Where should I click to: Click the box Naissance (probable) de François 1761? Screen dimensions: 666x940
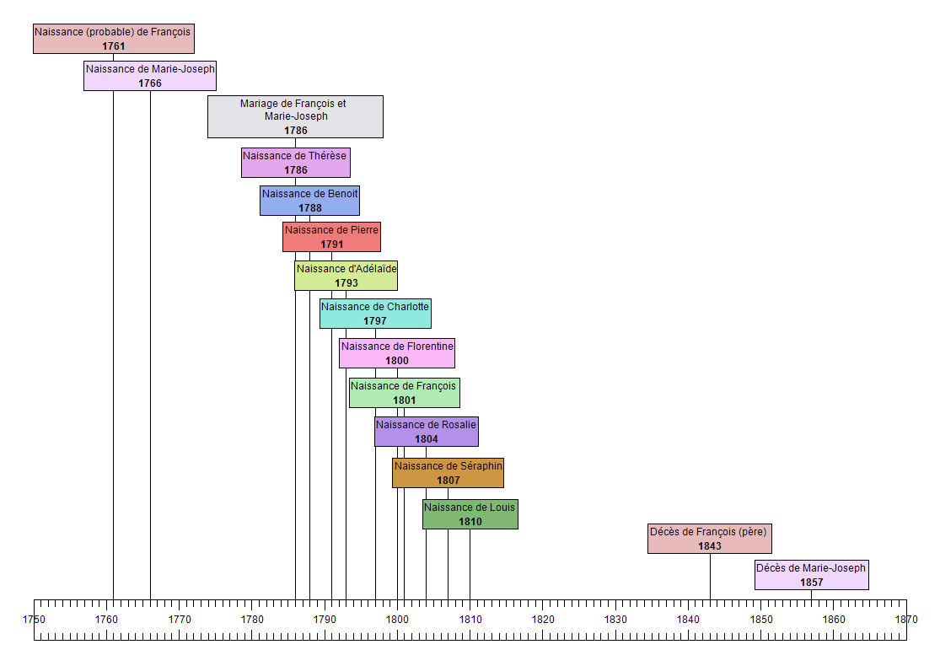(x=113, y=39)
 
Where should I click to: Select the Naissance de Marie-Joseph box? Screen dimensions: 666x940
(x=150, y=76)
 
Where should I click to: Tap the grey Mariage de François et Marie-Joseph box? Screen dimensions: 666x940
(x=295, y=116)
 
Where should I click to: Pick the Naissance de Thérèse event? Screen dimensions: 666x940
(x=295, y=163)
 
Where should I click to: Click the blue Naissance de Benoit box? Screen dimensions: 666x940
(x=309, y=201)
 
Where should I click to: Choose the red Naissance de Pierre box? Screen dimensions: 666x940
(x=331, y=237)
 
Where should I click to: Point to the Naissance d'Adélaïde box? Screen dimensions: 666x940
(x=346, y=276)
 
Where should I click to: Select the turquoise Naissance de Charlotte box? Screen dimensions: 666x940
(x=375, y=314)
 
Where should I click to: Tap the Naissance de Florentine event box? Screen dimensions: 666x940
(x=397, y=353)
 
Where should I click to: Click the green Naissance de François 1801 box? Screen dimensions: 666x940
(x=404, y=393)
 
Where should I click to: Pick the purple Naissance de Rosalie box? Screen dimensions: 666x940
(x=426, y=432)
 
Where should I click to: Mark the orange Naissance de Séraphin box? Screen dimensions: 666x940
(x=448, y=473)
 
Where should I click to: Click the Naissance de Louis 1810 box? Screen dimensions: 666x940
(x=470, y=514)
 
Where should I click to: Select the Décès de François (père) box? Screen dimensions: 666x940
(x=709, y=539)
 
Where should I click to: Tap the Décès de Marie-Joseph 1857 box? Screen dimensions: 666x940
(x=811, y=575)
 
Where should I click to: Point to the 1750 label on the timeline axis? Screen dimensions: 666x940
(x=34, y=619)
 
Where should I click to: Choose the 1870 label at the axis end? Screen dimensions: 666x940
(x=906, y=619)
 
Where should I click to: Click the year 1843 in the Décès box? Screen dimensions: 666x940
(x=709, y=546)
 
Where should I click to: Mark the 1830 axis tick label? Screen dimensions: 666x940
(x=615, y=619)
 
